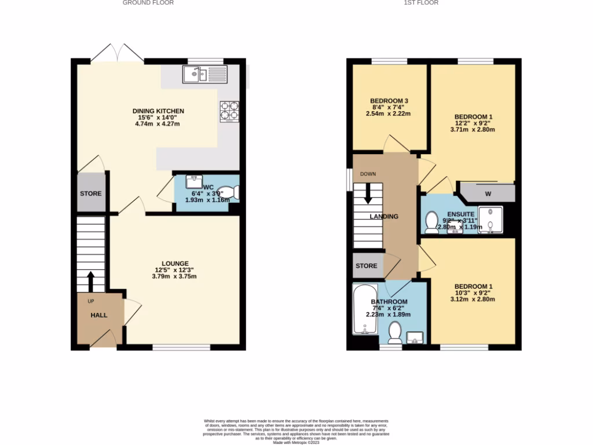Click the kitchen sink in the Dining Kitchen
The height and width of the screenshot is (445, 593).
click(x=205, y=74)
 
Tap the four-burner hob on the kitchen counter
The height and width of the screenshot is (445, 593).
click(x=229, y=112)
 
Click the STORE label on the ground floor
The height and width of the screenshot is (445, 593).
click(x=90, y=194)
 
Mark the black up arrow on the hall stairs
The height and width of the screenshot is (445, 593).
click(x=90, y=281)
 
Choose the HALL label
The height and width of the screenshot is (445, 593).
click(x=98, y=315)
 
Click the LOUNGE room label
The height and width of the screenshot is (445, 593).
click(x=175, y=264)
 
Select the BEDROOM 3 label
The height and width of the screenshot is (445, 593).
click(x=389, y=101)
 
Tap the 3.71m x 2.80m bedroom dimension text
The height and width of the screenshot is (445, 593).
click(x=473, y=130)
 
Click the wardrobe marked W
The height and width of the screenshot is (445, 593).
click(x=488, y=193)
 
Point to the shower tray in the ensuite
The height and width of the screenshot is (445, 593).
click(x=490, y=220)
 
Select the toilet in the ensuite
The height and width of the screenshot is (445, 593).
click(x=431, y=221)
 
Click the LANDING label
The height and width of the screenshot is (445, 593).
click(x=384, y=217)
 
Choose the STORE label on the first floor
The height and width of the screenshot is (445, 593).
click(x=366, y=266)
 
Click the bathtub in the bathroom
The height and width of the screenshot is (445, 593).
click(x=364, y=309)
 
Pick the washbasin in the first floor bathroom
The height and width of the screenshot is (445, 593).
click(x=415, y=337)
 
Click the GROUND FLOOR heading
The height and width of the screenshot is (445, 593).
click(x=148, y=3)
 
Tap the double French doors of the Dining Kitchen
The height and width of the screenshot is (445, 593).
click(x=118, y=53)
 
